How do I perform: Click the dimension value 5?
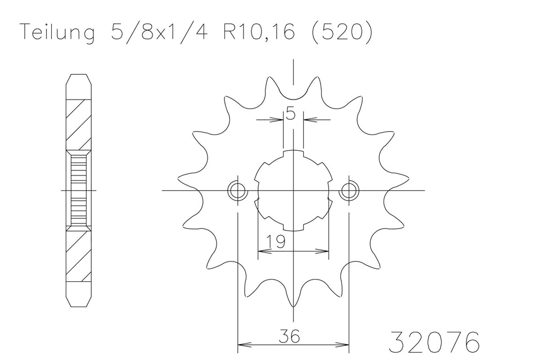coord(290,114)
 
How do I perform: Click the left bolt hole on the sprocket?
coord(237,191)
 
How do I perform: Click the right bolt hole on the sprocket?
coord(349,191)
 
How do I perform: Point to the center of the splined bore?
coord(293,191)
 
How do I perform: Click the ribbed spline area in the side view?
coord(78,191)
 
